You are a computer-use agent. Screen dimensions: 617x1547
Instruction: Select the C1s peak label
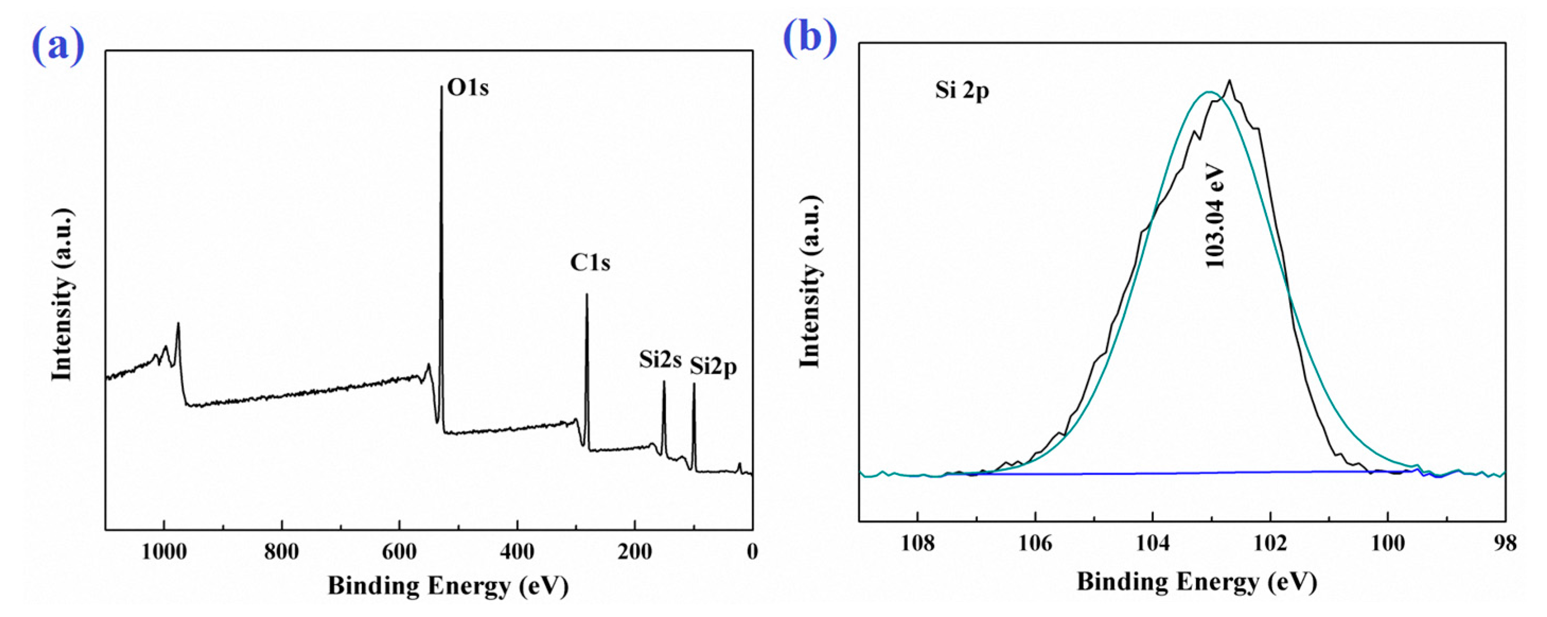click(590, 262)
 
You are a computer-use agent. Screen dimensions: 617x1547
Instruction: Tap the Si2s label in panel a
click(660, 359)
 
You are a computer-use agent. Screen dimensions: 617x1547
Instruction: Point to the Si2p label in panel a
click(713, 366)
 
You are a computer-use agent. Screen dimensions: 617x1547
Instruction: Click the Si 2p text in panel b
click(961, 91)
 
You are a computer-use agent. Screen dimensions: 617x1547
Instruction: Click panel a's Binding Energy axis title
click(447, 585)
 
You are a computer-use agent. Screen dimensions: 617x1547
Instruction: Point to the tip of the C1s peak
click(587, 294)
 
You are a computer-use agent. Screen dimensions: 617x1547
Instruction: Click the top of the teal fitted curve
click(1209, 92)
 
